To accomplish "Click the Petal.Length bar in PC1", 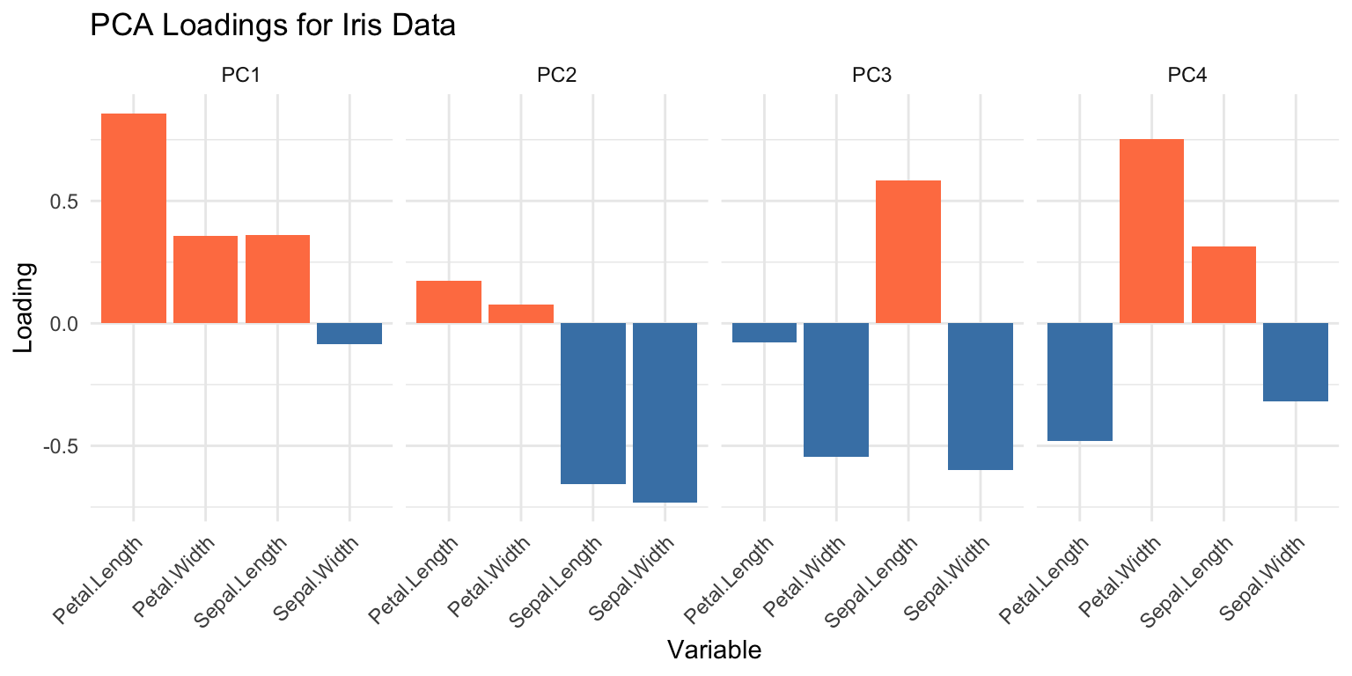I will (134, 218).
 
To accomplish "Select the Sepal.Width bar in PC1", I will (349, 334).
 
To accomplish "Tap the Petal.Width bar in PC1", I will (205, 279).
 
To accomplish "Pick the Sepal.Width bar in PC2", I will (665, 413).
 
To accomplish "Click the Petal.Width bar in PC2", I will (521, 314).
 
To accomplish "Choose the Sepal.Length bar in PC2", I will (593, 403).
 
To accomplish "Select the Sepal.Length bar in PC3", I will (908, 252).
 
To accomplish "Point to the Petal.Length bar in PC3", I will (764, 333).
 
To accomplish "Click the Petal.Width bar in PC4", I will (1151, 231).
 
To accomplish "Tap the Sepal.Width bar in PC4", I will (1295, 362).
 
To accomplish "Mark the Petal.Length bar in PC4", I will (1079, 382).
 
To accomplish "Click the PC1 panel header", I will (240, 76).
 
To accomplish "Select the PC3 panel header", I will (871, 76).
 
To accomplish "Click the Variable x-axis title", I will (714, 650).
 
